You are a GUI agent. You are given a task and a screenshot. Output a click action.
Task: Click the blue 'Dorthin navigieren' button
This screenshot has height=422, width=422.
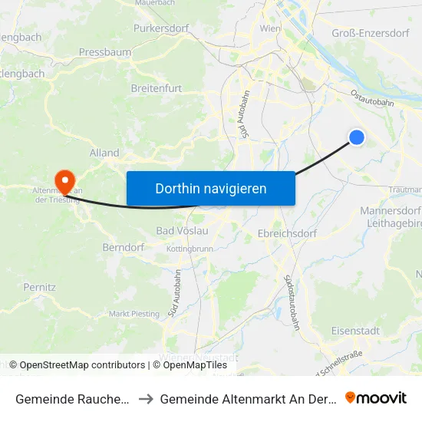click(x=210, y=188)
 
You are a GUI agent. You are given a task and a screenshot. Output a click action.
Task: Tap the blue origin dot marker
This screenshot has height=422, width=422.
click(x=357, y=137)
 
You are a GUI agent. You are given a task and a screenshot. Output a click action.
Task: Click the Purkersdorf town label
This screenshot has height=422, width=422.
click(x=160, y=28)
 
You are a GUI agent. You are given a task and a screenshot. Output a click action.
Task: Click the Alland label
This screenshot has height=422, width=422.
click(x=104, y=153)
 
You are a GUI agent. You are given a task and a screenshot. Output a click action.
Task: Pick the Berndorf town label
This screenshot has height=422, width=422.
click(x=124, y=248)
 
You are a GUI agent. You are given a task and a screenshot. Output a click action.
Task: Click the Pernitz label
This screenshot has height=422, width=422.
click(x=39, y=287)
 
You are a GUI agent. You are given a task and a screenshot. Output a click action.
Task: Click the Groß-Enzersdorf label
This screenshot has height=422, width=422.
click(x=370, y=32)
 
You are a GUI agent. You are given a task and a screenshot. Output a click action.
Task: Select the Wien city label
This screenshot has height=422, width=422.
click(x=270, y=28)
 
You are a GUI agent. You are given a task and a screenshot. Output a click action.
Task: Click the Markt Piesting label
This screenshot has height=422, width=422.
click(x=134, y=313)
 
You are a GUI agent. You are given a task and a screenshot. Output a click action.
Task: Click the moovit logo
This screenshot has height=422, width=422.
click(x=376, y=397)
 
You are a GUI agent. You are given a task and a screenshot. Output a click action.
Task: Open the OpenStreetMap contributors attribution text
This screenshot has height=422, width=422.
click(x=77, y=365)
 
